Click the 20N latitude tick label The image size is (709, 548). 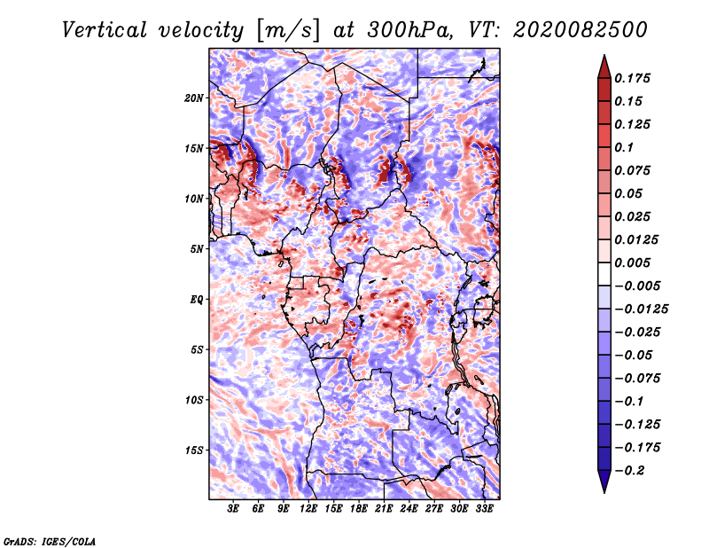tap(194, 98)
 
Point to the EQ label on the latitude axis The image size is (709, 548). tap(197, 300)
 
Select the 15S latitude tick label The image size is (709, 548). tap(194, 450)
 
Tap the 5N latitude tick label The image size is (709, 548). tap(197, 249)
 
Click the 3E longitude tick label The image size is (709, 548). tap(234, 509)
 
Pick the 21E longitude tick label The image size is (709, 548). tap(384, 509)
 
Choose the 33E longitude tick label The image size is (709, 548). tap(484, 509)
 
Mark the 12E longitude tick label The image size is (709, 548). tap(308, 509)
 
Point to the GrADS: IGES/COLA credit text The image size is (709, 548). tap(49, 540)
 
